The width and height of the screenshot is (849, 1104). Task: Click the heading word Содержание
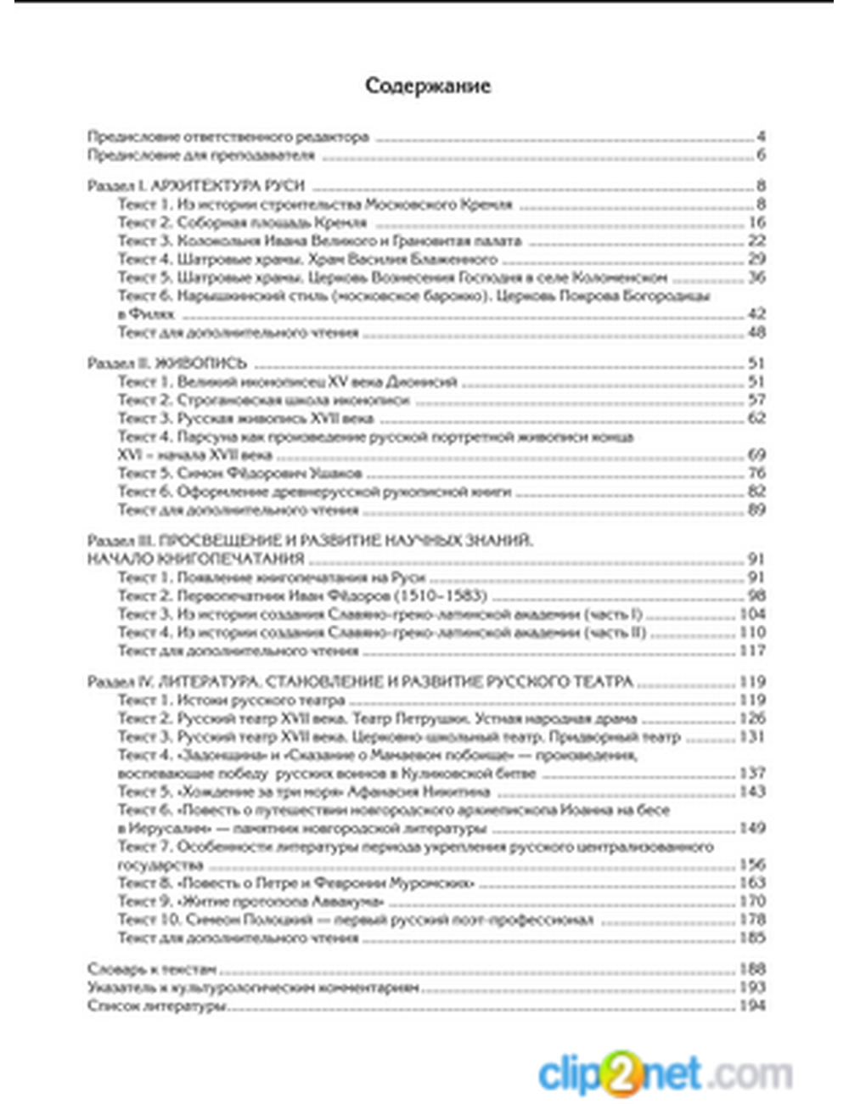(x=428, y=86)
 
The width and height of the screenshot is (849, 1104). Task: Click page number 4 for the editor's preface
(x=761, y=137)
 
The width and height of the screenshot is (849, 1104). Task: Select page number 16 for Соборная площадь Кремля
(x=756, y=222)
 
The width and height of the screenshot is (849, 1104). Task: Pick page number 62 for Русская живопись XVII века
(x=756, y=418)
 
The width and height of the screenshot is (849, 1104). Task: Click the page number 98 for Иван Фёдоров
(x=756, y=595)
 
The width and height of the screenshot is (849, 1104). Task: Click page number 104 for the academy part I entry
(x=753, y=614)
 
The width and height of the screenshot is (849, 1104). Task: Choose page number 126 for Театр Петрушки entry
(x=753, y=718)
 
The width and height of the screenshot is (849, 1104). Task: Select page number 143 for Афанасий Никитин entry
(x=753, y=791)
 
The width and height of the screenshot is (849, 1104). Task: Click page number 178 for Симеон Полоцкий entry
(x=753, y=920)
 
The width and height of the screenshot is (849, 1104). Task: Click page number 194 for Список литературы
(x=753, y=1005)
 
